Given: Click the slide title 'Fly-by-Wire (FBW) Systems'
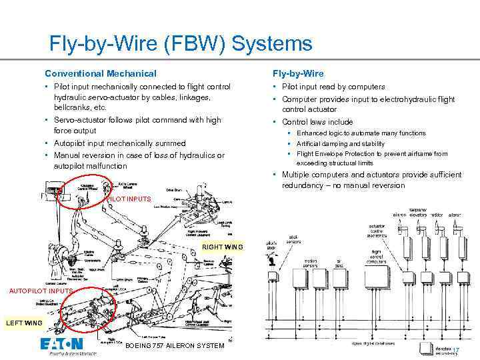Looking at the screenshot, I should click(181, 44).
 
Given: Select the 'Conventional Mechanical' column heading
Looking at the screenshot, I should click(100, 73).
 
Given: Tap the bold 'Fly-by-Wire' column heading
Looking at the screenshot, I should click(297, 73).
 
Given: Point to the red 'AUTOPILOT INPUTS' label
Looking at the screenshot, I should click(41, 291).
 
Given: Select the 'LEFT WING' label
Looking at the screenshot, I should click(25, 323).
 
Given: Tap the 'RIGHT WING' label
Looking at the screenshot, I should click(223, 247).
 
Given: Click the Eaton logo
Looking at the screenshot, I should click(61, 345).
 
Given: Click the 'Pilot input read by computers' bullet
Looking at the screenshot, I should click(333, 87).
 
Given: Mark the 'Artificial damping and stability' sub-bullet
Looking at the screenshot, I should click(341, 143).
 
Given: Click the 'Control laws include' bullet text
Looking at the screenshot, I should click(317, 122).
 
